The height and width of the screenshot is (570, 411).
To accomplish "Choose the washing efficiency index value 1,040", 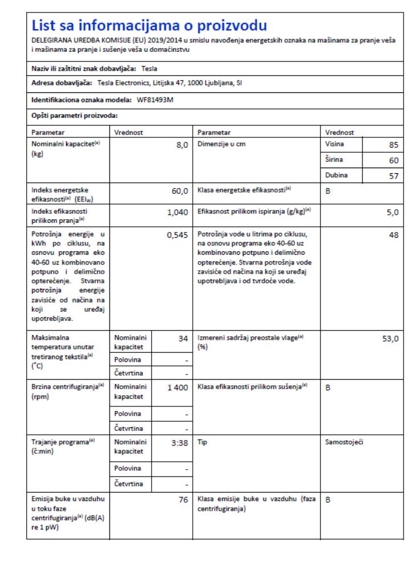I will coord(177,213).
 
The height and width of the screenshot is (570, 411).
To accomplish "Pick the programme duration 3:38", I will coord(180,443).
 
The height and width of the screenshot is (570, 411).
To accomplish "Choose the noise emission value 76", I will coord(182,500).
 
